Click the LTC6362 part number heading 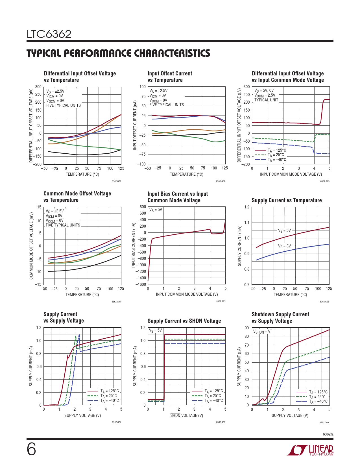click(49, 34)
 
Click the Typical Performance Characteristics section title click(118, 53)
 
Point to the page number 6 click(31, 449)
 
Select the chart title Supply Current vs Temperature click(287, 200)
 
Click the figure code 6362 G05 click(221, 301)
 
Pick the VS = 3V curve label click(284, 246)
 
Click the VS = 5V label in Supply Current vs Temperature click(284, 230)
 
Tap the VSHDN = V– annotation click(262, 332)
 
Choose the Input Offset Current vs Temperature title click(170, 77)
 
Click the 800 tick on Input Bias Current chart click(143, 207)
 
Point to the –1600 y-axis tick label click(141, 284)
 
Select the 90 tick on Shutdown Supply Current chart click(247, 328)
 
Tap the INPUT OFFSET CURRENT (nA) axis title click(135, 125)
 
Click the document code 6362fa click(328, 434)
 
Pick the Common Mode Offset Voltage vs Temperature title click(77, 197)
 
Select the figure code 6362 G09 click(324, 423)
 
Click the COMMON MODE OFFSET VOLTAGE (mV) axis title click(31, 246)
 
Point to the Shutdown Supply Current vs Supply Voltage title click(280, 318)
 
